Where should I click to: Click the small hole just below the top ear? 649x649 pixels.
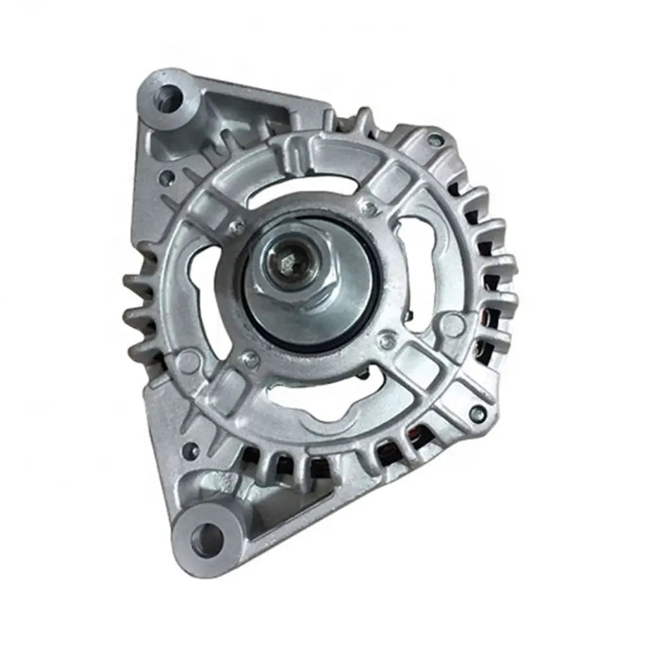point(168,175)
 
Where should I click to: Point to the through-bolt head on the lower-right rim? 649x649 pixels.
point(478,411)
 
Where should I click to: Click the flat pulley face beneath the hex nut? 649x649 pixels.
point(324,312)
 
